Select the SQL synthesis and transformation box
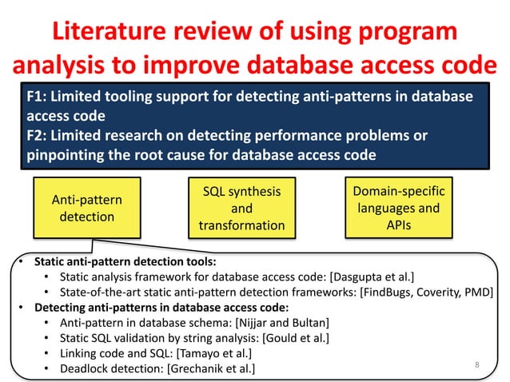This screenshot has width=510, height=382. [242, 208]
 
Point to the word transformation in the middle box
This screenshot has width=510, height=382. [242, 225]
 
